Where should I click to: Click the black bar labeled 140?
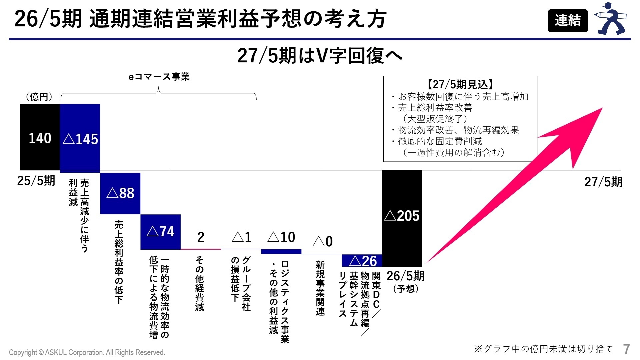(40, 137)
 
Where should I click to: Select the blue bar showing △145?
(80, 138)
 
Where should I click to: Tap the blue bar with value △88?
(120, 193)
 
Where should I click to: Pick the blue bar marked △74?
(160, 232)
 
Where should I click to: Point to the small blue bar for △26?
(362, 261)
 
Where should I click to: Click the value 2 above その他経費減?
(201, 237)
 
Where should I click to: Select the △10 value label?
(281, 237)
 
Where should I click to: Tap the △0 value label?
(323, 241)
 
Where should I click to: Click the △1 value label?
(241, 237)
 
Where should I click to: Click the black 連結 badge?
(568, 21)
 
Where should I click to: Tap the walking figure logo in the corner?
(612, 19)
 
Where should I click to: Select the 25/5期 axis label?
(36, 181)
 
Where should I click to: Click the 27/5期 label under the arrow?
(603, 182)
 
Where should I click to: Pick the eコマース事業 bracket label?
(159, 77)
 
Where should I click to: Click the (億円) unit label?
(39, 97)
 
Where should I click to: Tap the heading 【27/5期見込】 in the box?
(460, 84)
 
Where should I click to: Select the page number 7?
(626, 349)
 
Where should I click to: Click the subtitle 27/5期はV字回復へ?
(320, 56)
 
